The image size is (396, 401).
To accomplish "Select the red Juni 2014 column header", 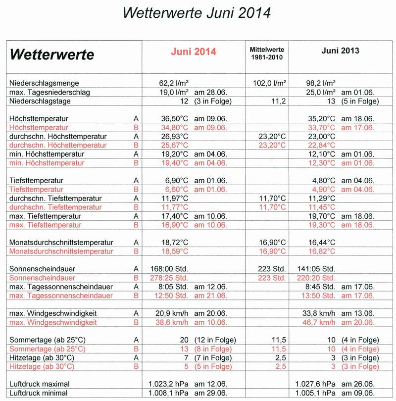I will tap(194, 51).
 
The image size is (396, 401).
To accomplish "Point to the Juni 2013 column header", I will tap(340, 51).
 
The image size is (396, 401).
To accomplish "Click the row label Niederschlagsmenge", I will tap(44, 83).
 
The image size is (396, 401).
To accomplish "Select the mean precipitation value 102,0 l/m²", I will tap(269, 83).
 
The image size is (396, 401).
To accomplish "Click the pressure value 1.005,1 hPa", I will tap(317, 393).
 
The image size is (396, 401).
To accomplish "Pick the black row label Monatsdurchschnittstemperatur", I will tap(61, 243).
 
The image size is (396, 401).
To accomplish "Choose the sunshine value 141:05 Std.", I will tap(316, 269).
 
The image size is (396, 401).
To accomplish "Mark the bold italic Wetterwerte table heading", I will tap(52, 54).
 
